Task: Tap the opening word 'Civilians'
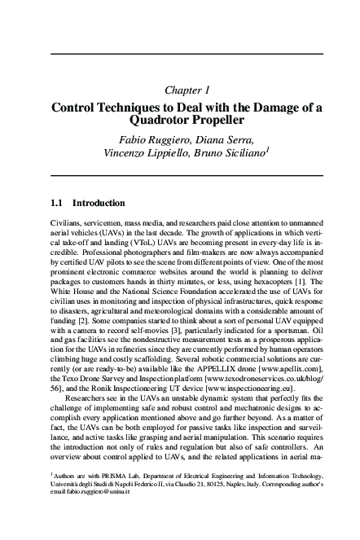click(x=67, y=222)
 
